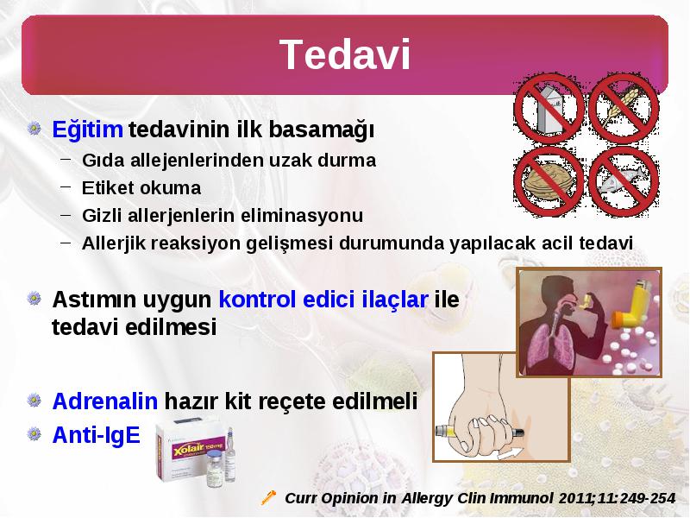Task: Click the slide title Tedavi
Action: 345,54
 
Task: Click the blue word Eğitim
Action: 87,129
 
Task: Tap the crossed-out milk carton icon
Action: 549,109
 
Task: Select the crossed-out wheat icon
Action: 624,109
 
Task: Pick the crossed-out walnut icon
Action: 549,181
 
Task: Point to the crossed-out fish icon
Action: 624,181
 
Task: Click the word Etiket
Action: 110,188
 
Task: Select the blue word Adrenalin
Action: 104,401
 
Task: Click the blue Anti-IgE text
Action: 96,435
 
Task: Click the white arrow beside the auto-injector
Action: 511,453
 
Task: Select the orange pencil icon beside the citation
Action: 268,497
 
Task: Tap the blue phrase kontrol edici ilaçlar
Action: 323,300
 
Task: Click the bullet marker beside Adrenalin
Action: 34,401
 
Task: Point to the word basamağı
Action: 321,130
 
